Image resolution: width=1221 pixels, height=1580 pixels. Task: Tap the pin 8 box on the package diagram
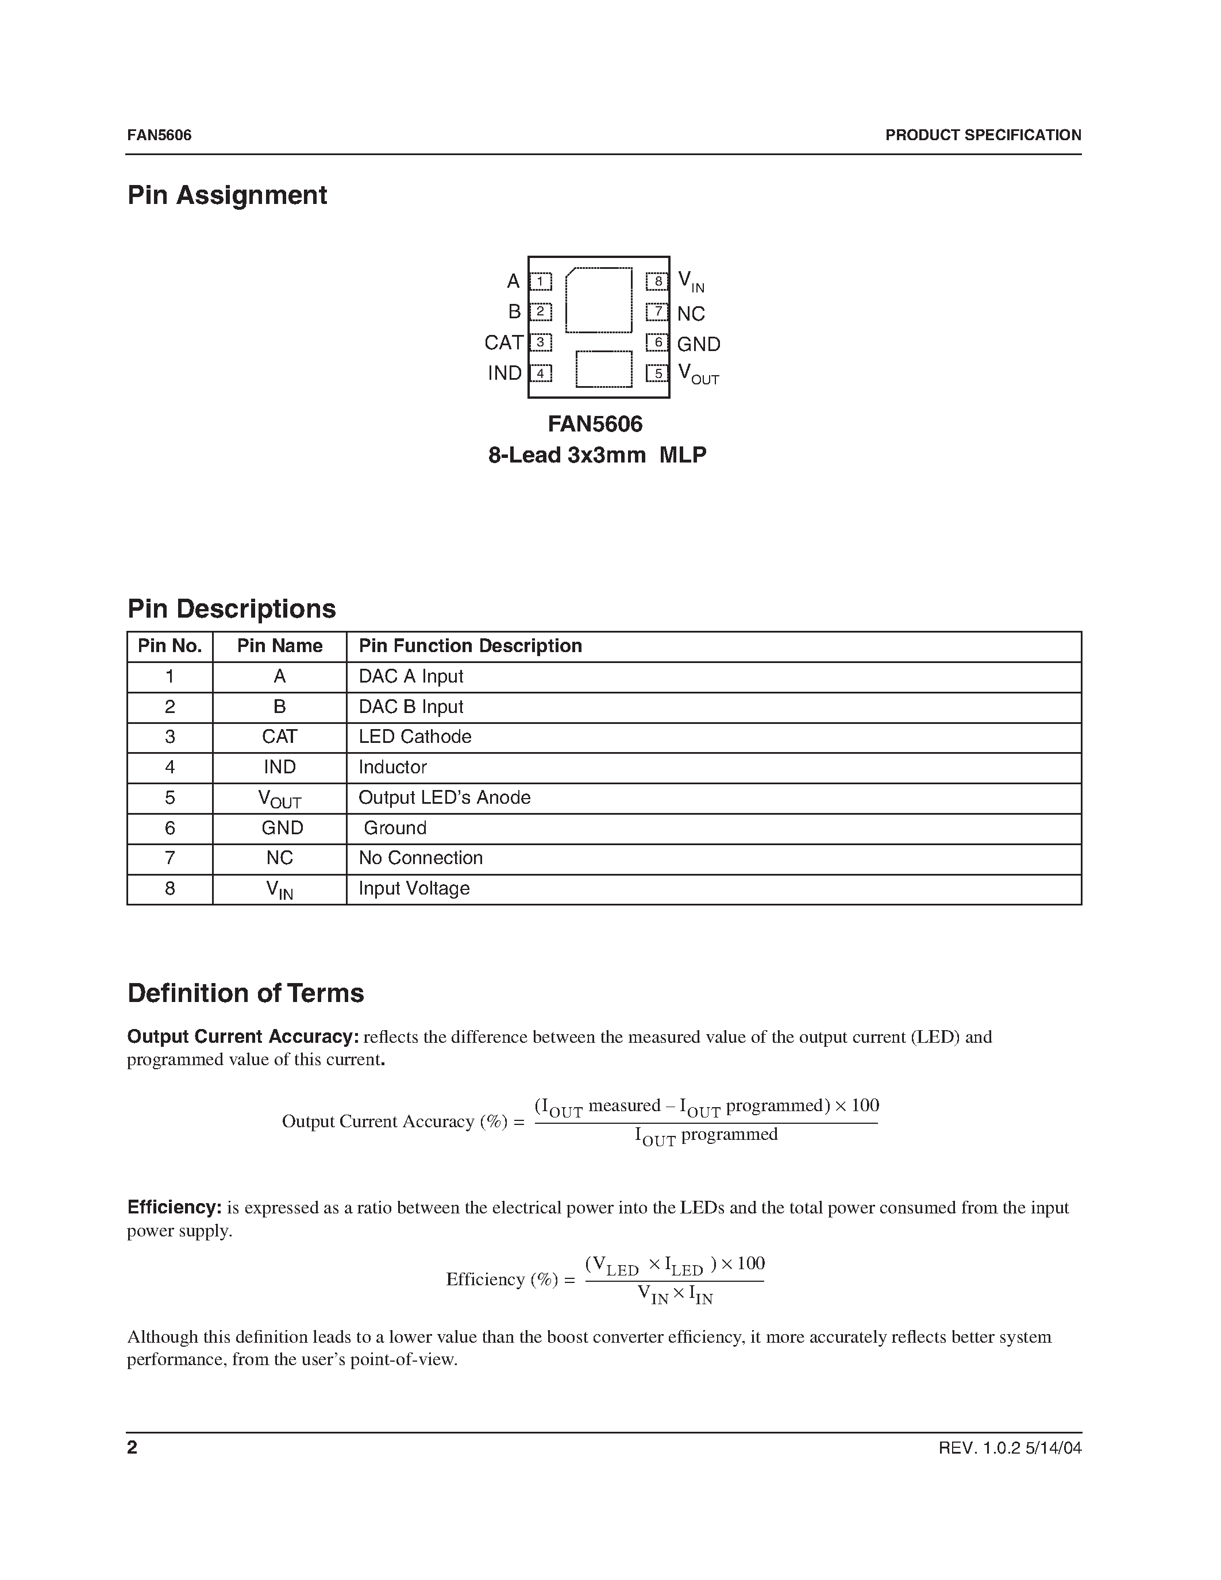(657, 282)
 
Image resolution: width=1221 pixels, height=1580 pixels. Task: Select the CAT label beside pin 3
(503, 342)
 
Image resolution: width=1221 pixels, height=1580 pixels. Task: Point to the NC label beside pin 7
(691, 314)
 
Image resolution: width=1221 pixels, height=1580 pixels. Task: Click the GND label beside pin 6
(698, 344)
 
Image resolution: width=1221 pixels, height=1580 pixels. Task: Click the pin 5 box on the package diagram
(657, 373)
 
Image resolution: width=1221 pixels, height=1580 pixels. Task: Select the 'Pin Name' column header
(279, 646)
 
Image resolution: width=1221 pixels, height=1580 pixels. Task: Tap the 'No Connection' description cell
(420, 858)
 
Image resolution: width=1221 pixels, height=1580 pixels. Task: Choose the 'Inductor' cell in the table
(393, 767)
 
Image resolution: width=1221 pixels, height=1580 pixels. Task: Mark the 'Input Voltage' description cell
(414, 888)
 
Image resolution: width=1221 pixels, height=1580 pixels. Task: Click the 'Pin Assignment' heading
(227, 195)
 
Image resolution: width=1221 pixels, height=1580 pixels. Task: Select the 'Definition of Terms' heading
(245, 993)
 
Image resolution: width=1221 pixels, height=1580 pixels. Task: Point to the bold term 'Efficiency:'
(174, 1208)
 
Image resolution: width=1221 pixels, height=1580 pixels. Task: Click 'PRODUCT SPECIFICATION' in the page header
(983, 135)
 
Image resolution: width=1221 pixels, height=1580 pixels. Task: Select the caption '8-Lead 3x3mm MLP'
(597, 455)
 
